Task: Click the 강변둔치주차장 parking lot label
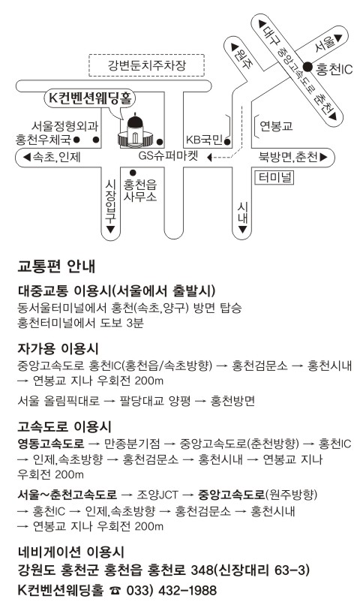(x=146, y=65)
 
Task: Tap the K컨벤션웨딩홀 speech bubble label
(x=90, y=98)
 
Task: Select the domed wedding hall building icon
(x=135, y=131)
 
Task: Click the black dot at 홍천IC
(x=307, y=67)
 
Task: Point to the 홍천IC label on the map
(x=334, y=69)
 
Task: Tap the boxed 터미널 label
(x=274, y=178)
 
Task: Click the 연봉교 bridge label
(x=276, y=126)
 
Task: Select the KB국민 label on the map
(x=204, y=140)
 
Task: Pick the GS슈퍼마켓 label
(x=169, y=155)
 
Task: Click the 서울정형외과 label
(x=64, y=125)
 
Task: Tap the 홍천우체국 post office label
(x=43, y=139)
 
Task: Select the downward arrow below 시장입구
(x=110, y=229)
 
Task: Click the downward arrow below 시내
(x=242, y=230)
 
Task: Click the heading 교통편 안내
(x=56, y=266)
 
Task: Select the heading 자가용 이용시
(x=58, y=348)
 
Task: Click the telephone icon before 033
(x=115, y=591)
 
